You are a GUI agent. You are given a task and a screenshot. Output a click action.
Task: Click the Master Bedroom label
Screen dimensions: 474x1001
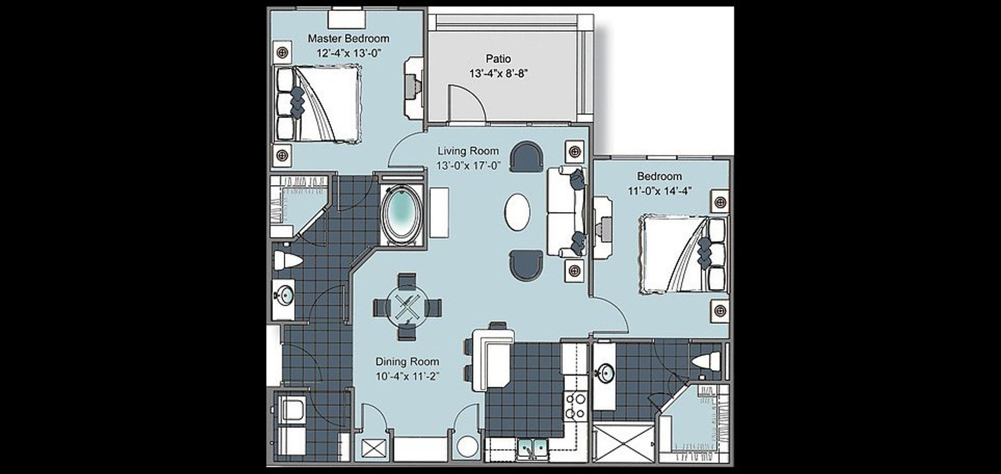coord(348,39)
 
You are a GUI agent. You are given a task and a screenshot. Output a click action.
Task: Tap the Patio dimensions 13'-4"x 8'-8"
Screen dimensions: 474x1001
coord(498,74)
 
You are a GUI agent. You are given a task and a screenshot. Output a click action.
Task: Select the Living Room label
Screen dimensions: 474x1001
coord(468,151)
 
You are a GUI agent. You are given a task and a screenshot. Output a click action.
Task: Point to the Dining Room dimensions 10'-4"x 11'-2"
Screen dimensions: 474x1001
coord(407,376)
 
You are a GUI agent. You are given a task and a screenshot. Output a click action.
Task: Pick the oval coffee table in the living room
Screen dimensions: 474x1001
coord(517,212)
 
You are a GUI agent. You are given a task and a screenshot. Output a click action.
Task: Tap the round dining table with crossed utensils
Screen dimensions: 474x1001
coord(407,307)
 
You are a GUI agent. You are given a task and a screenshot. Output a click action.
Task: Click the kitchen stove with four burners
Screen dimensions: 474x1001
coord(576,406)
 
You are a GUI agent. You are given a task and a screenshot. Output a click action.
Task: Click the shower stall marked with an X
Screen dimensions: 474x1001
coord(624,443)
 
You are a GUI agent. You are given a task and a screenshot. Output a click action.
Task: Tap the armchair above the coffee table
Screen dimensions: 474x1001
coord(526,156)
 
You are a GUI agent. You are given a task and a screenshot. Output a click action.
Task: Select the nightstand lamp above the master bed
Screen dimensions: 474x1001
coord(282,52)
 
